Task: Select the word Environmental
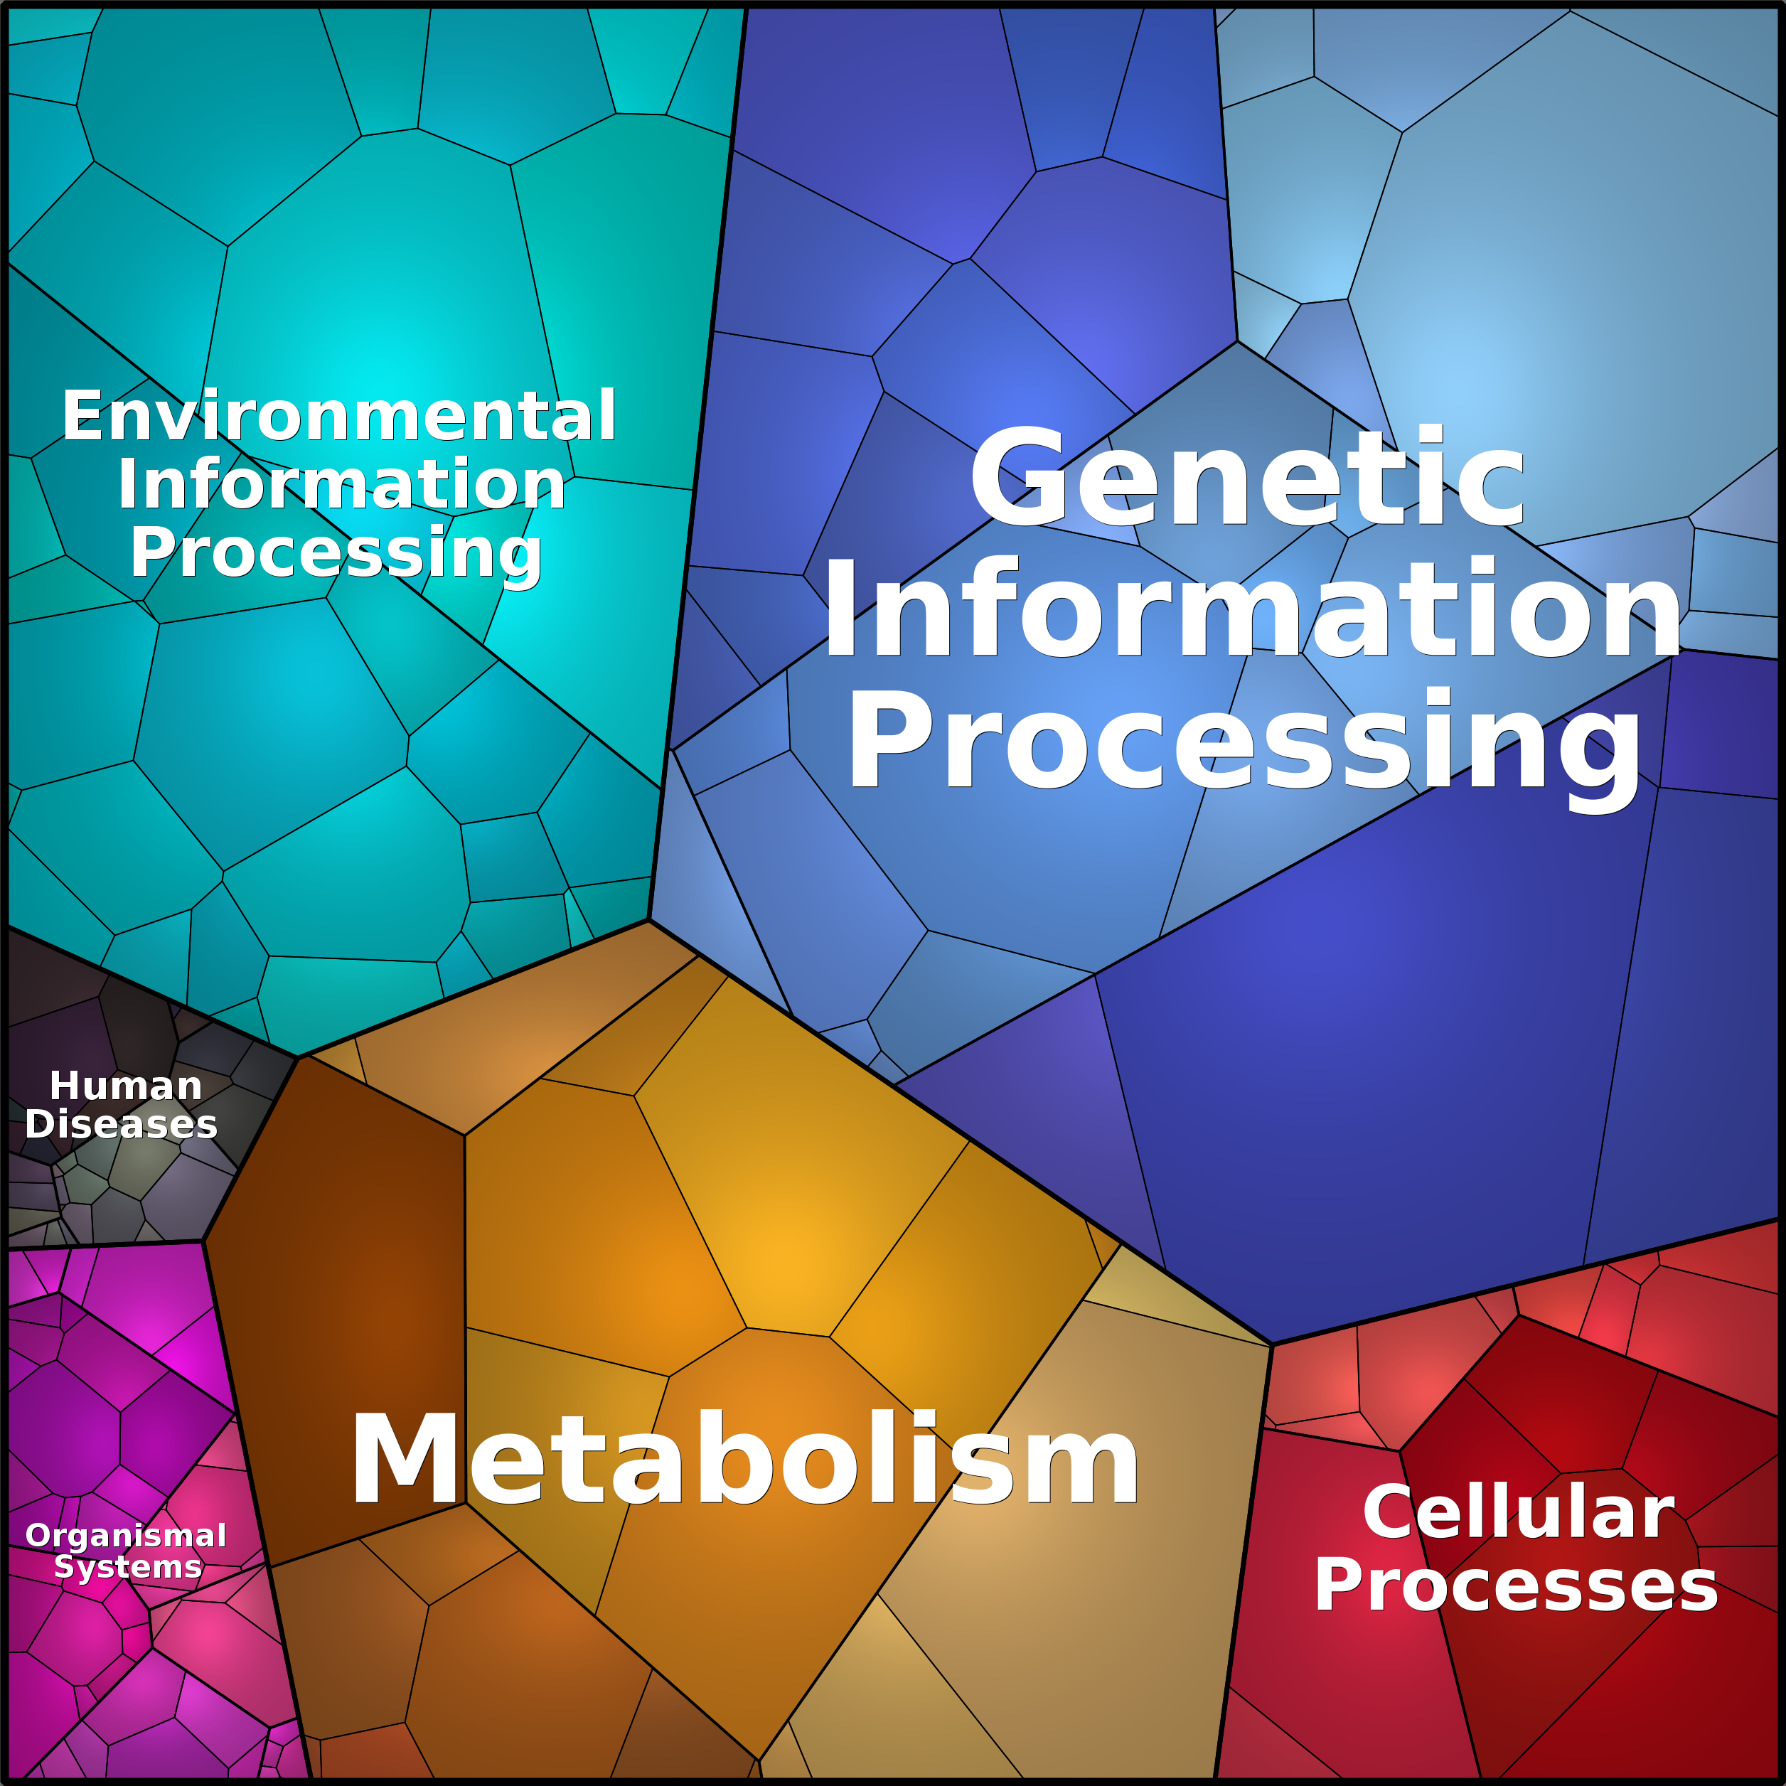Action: point(339,416)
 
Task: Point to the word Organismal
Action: point(126,1536)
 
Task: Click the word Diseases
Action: point(121,1124)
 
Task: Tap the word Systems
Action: point(127,1567)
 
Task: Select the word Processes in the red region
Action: point(1516,1586)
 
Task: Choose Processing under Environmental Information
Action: point(336,554)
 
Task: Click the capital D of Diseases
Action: point(40,1124)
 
